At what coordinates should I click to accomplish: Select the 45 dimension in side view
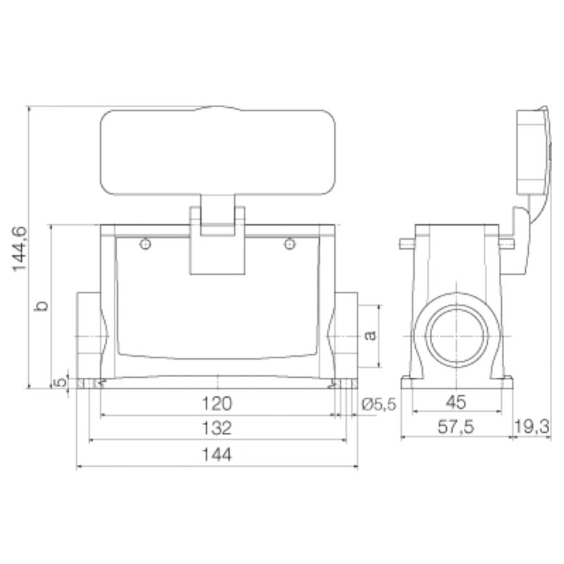pos(456,403)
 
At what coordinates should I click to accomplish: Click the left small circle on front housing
pos(145,245)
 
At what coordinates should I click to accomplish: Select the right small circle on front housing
pos(289,245)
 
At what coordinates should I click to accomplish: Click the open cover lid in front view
pos(217,153)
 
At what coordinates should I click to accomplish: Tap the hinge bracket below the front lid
pos(217,240)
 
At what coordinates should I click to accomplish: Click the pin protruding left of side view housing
pos(406,244)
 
